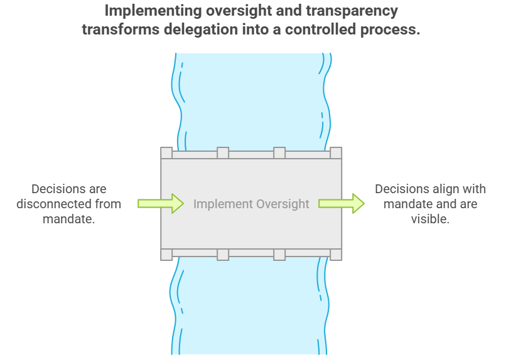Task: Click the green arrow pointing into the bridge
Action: [x=160, y=203]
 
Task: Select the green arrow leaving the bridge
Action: [x=341, y=203]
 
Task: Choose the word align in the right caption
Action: [x=446, y=189]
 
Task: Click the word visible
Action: [x=430, y=219]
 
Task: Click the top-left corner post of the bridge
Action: [x=166, y=153]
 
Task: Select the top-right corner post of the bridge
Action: [x=336, y=153]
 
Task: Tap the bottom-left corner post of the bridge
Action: [x=166, y=254]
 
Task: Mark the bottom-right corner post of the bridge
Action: [x=336, y=254]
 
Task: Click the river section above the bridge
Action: [x=251, y=100]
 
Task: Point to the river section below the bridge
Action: [x=251, y=307]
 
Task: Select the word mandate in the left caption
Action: [x=68, y=219]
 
